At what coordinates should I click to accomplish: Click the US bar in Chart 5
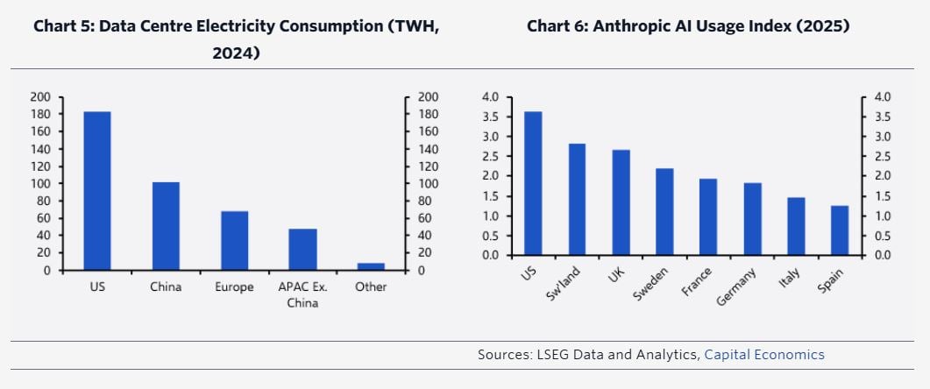[x=96, y=191]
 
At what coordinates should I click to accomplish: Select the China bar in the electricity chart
[x=166, y=226]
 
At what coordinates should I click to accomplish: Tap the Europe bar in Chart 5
[x=234, y=241]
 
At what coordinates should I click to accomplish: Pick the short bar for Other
[x=371, y=266]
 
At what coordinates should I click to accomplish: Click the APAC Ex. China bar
[x=302, y=250]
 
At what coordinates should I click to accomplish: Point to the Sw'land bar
[x=577, y=199]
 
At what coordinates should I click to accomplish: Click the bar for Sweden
[x=664, y=211]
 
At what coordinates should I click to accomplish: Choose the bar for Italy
[x=796, y=226]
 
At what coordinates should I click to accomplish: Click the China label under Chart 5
[x=166, y=287]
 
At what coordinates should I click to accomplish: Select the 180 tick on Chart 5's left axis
[x=42, y=114]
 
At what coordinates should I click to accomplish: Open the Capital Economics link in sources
[x=764, y=355]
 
